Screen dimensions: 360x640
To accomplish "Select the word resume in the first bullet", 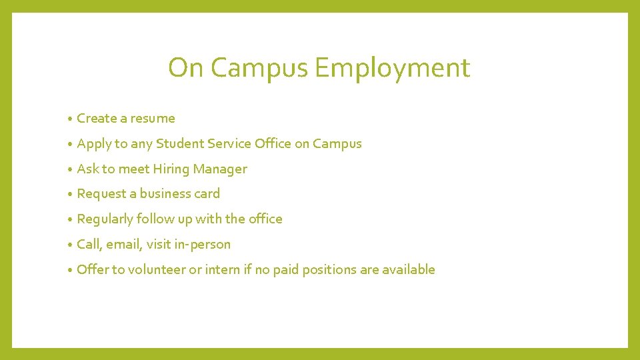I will point(153,119).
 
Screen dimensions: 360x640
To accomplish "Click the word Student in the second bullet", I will point(180,143).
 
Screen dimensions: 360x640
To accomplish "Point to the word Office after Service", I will point(273,143).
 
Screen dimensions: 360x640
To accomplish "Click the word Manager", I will point(220,169).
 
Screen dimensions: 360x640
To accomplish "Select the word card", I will point(207,193).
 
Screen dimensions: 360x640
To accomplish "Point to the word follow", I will point(153,219).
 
